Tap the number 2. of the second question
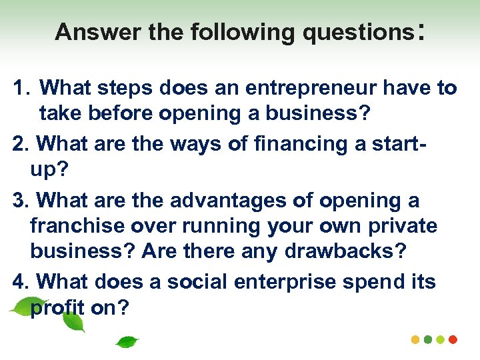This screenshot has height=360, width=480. (x=21, y=143)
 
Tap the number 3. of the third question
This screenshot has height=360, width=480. (x=21, y=199)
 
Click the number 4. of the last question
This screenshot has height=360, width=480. (x=21, y=282)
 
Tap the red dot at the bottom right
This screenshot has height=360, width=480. (x=453, y=339)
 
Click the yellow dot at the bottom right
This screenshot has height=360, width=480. (x=415, y=339)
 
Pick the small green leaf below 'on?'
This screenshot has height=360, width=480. (x=127, y=342)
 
